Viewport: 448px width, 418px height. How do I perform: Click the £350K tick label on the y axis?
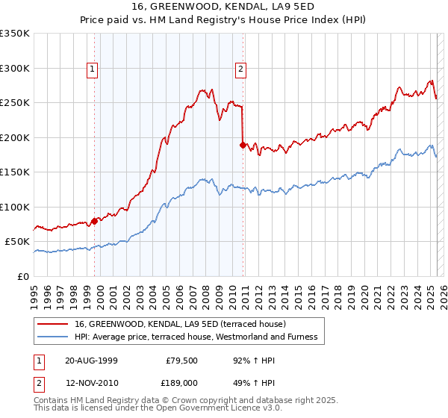[x=15, y=34]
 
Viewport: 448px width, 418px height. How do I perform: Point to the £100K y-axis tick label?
[x=15, y=207]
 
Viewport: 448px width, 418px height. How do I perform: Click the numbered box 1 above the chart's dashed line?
[x=93, y=70]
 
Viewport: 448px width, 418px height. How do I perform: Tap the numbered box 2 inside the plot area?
[x=240, y=70]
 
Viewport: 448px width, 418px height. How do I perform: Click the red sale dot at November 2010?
[x=243, y=145]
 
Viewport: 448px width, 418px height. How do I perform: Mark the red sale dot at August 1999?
[x=95, y=221]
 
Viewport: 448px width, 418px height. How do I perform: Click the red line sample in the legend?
[x=52, y=324]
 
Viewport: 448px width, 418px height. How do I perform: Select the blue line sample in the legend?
[x=52, y=337]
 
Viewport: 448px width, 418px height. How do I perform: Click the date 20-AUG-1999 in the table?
[x=91, y=361]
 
